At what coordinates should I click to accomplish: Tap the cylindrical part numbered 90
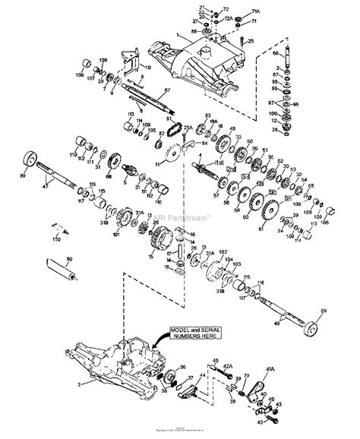59,268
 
